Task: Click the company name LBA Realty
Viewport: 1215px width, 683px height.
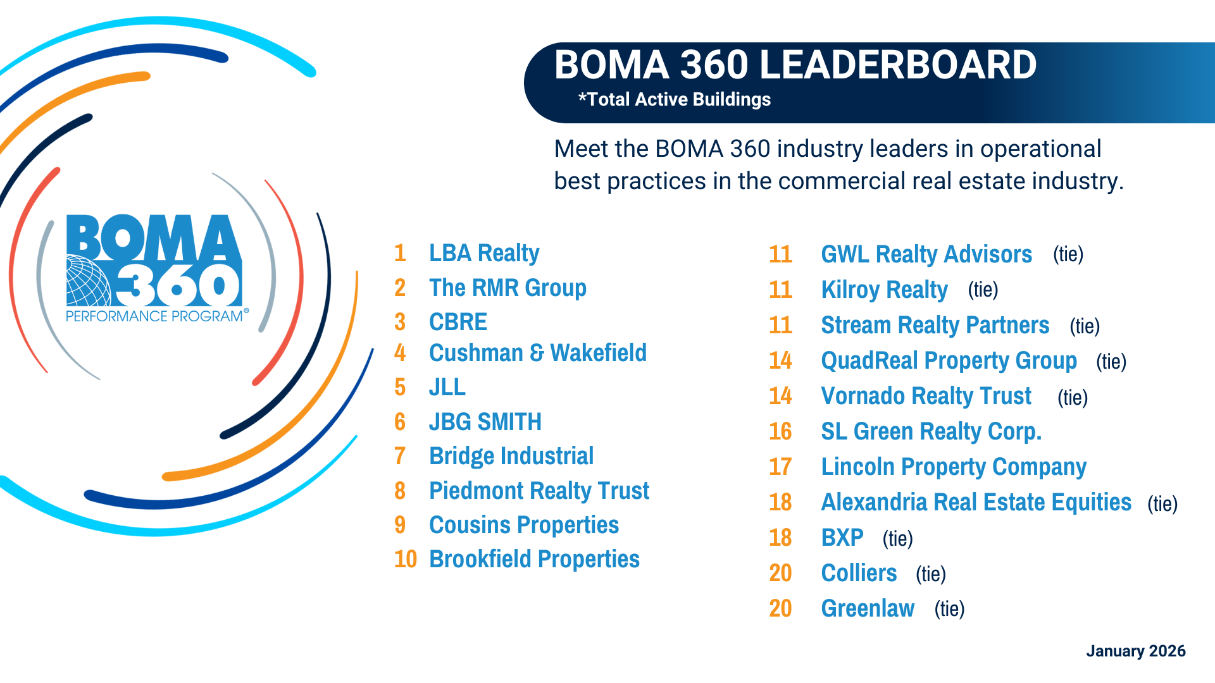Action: [484, 254]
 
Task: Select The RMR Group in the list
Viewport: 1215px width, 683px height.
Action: [508, 288]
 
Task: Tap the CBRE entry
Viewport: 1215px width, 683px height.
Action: [458, 323]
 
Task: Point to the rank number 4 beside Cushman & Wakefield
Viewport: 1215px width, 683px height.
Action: [400, 353]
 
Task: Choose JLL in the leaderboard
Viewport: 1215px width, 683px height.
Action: [447, 388]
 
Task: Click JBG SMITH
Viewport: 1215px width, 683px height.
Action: [485, 422]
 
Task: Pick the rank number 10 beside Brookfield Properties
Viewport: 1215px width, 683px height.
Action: [405, 559]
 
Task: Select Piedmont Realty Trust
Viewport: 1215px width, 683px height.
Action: [539, 491]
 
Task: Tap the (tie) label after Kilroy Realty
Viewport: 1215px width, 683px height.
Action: [983, 290]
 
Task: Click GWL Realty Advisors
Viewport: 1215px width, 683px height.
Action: [926, 254]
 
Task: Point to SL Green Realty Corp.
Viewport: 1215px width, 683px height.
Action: [931, 431]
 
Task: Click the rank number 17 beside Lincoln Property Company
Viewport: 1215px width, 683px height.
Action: [780, 467]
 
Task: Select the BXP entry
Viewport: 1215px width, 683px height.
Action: [842, 538]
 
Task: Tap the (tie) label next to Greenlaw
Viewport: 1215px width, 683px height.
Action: [949, 609]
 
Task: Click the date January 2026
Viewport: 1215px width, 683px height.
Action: [1135, 651]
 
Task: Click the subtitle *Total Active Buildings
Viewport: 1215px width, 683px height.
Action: [675, 99]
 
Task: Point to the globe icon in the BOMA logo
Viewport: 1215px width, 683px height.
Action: [88, 281]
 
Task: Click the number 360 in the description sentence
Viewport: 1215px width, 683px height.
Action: [750, 149]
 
